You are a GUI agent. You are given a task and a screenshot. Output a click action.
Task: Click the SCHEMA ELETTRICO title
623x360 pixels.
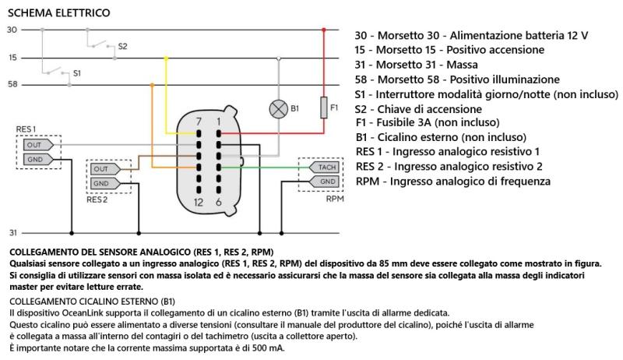pos(58,12)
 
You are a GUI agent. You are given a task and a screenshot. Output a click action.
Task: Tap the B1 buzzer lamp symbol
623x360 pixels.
pos(277,109)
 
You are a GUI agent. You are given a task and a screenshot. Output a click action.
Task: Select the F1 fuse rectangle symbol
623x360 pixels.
pos(324,106)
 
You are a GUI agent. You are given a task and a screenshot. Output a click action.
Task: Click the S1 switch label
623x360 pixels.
pos(76,72)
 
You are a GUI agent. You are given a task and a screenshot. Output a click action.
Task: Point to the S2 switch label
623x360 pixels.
pos(122,46)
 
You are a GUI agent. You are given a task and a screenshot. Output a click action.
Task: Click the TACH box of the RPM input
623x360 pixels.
pos(325,168)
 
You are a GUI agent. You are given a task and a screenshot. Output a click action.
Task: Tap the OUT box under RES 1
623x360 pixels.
pos(33,145)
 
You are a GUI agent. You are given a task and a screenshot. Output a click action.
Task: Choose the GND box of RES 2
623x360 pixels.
pos(101,183)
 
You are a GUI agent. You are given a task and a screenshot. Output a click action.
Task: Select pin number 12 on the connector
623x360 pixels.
pos(199,202)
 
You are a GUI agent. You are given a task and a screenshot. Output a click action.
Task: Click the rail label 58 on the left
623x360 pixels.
pos(12,84)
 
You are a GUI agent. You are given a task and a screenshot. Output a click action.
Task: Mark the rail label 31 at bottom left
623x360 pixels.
pos(12,233)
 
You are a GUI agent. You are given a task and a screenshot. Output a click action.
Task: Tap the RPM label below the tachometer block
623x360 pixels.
pos(334,198)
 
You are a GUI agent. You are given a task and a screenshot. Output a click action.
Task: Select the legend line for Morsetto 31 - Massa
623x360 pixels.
pos(416,65)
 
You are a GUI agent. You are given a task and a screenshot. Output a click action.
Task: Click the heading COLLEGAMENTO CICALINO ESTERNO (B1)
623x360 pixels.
pos(93,301)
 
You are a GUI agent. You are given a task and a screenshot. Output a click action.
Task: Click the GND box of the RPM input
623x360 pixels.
pos(325,182)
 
